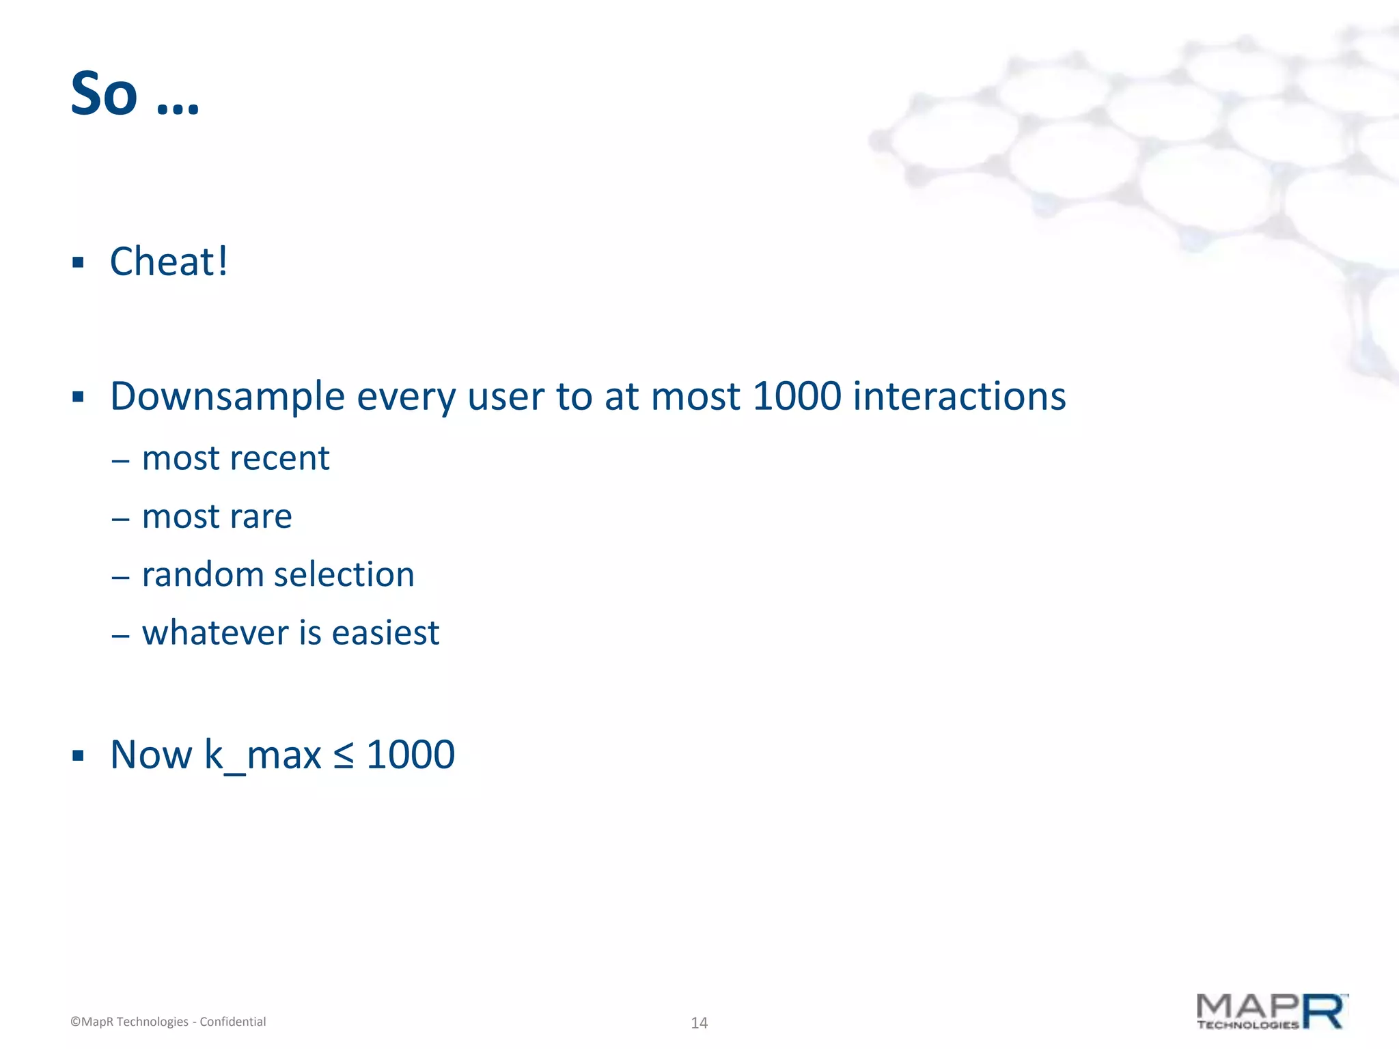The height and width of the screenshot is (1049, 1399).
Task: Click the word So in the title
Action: (104, 94)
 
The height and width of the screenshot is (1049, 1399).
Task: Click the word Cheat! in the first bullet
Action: (169, 262)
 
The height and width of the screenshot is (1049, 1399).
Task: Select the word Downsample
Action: (227, 397)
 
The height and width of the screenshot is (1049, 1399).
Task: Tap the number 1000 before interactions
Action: (796, 396)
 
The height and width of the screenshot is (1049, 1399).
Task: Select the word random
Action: (202, 575)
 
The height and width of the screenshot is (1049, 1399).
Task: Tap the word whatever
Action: (214, 633)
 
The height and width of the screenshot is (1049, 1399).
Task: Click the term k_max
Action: (262, 755)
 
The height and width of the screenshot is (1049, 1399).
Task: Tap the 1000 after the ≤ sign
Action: (411, 755)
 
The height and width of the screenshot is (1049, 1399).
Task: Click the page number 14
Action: (699, 1023)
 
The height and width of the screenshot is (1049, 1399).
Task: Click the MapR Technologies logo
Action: (1271, 1012)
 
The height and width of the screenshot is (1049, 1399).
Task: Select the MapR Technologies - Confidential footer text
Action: (168, 1022)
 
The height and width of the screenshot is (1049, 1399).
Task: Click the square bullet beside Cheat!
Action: (78, 262)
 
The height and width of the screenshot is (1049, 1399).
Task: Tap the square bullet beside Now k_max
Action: (78, 755)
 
